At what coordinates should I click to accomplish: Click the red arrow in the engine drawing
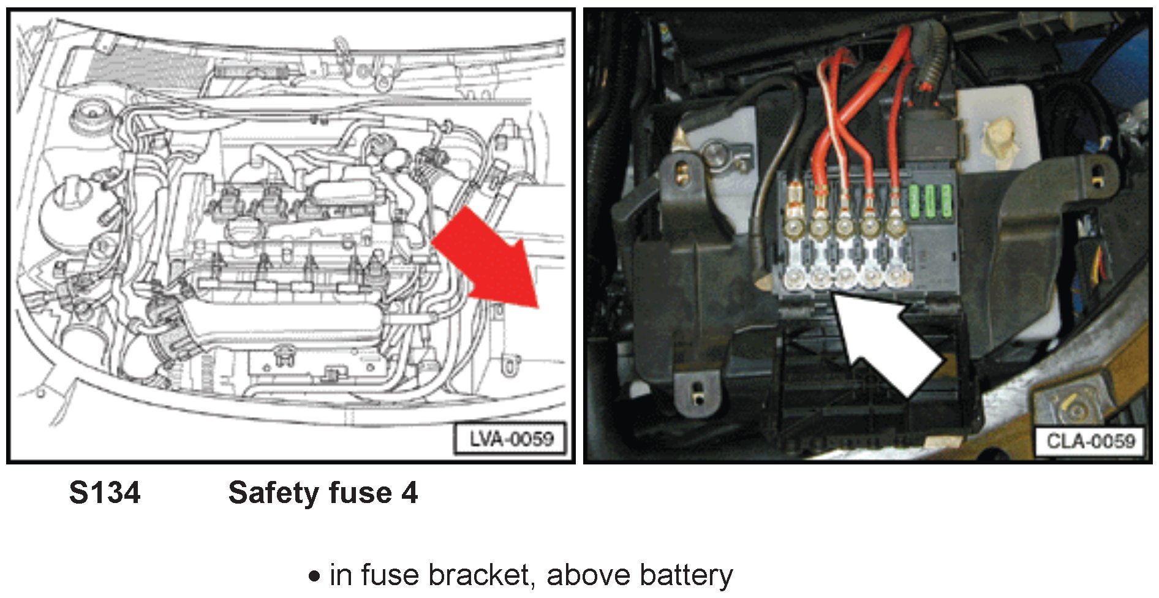490,260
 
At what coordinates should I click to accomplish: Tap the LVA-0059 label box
510,439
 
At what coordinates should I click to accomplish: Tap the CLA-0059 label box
1090,441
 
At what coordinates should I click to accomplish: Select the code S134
105,493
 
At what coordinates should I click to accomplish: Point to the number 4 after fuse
410,493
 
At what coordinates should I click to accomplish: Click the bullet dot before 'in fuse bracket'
314,577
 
